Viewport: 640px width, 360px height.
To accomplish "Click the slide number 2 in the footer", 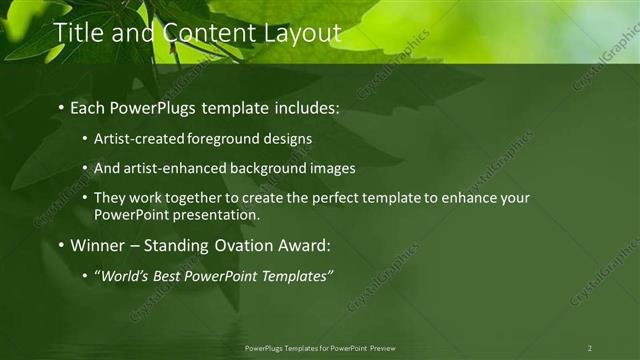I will click(x=590, y=348).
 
